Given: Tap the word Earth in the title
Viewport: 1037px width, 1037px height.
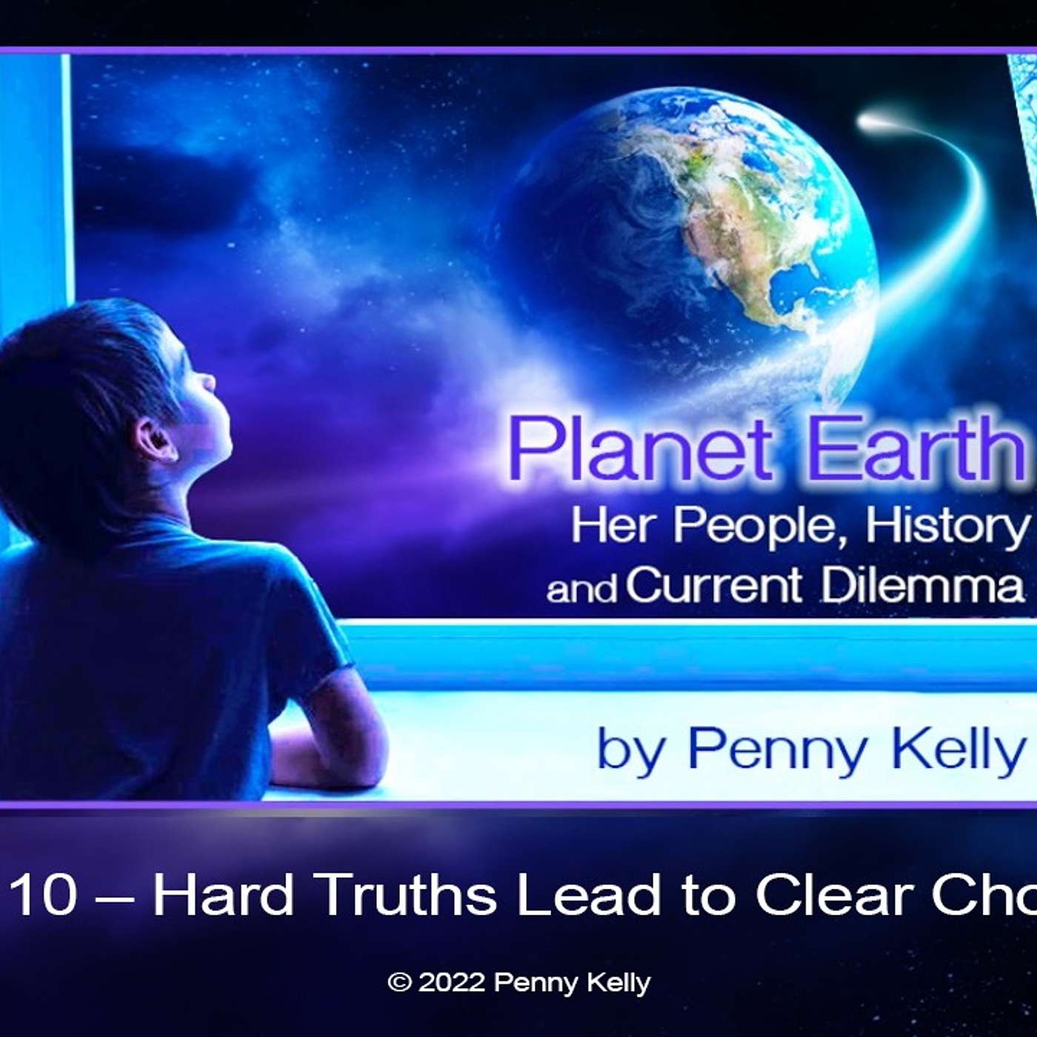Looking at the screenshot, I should coord(916,449).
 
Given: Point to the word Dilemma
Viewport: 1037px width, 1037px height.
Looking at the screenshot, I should coord(922,585).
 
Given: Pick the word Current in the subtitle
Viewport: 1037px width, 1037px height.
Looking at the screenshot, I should coord(714,585).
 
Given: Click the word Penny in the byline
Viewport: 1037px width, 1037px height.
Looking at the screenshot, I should coord(777,750).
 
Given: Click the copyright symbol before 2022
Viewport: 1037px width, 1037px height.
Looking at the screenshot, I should coord(399,983).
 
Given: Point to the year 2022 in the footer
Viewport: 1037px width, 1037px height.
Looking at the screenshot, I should coord(452,983).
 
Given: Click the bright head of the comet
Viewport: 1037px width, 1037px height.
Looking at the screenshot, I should coord(874,120).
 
